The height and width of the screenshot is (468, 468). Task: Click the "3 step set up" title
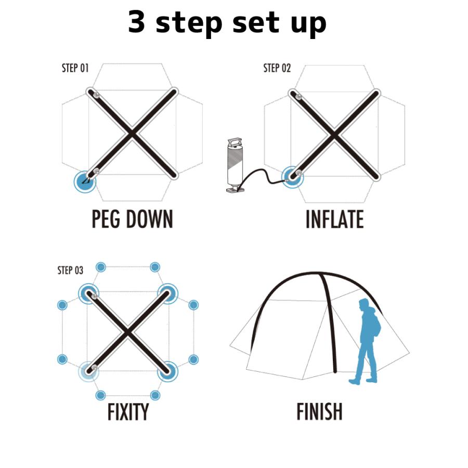[227, 23]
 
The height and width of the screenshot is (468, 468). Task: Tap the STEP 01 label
[75, 68]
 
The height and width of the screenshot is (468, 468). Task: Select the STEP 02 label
[277, 68]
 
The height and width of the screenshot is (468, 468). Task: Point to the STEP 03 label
[70, 270]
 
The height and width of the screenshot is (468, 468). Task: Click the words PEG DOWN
[132, 219]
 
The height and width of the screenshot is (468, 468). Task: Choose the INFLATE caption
[334, 219]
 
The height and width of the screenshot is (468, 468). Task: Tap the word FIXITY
[128, 412]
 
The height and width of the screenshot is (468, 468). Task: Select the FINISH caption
[319, 412]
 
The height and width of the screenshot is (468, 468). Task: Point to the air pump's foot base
[236, 189]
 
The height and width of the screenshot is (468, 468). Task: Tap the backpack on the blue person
[376, 325]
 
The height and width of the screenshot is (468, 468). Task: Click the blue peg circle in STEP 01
[85, 181]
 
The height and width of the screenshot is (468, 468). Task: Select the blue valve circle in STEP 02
[292, 177]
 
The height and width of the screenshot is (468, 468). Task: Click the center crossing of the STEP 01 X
[132, 134]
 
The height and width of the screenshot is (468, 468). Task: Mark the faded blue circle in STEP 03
[88, 372]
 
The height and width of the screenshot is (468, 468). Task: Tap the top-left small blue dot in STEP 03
[101, 267]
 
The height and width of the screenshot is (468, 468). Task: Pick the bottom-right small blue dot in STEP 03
[155, 396]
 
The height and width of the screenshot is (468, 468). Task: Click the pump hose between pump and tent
[263, 173]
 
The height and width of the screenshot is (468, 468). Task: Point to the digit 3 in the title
[137, 21]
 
